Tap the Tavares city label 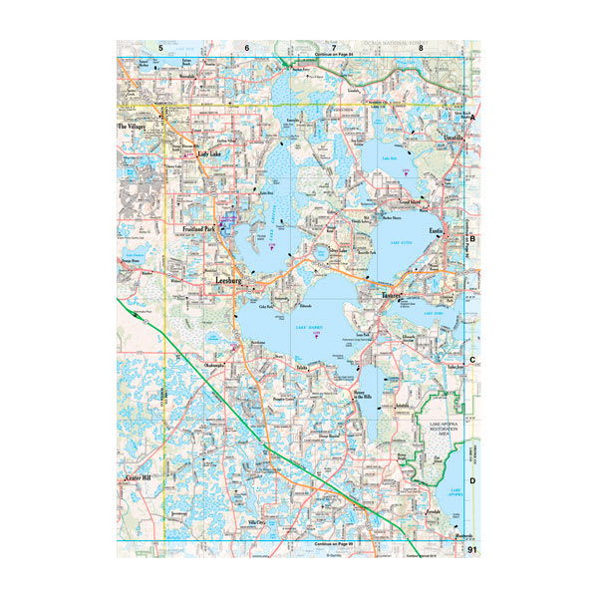pos(390,296)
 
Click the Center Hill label pos(137,479)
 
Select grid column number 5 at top pos(159,48)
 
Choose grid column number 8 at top pos(422,48)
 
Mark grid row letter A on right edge pos(473,118)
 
